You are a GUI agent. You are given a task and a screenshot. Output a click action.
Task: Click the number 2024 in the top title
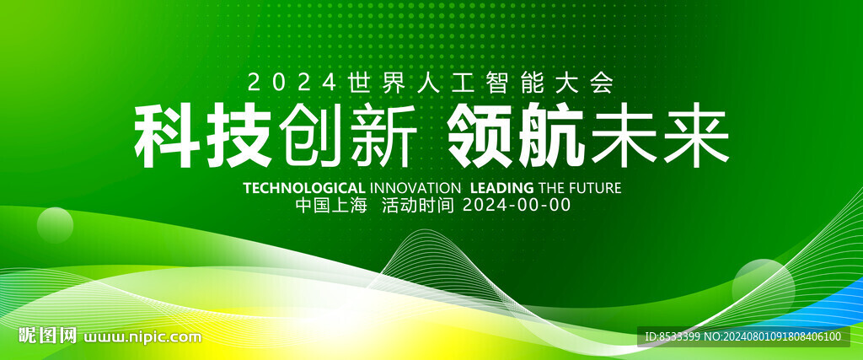tap(292, 83)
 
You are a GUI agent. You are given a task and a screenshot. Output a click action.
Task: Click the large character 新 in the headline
tap(384, 137)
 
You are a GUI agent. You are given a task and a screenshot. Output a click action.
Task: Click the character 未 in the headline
tap(624, 136)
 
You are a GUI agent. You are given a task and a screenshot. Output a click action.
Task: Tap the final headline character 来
tap(695, 136)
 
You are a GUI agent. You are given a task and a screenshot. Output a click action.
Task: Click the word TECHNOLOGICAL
tap(303, 188)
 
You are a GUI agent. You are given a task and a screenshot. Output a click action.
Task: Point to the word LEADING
tap(502, 188)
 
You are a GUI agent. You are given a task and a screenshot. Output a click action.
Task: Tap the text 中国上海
tap(331, 206)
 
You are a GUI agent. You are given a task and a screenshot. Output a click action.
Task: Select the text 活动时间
tap(418, 206)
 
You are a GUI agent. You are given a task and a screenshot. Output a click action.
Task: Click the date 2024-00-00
tap(517, 206)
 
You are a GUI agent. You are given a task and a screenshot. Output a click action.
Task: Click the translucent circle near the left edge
tap(55, 225)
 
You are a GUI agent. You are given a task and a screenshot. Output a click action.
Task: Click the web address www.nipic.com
tap(142, 336)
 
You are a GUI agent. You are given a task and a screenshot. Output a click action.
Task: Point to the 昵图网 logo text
tap(47, 336)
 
